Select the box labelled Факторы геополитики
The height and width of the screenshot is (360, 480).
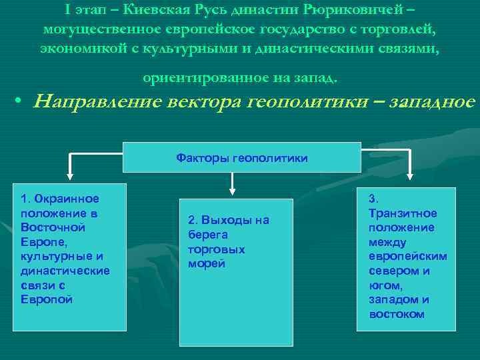[241, 157]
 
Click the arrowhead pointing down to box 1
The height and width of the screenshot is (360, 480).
[73, 177]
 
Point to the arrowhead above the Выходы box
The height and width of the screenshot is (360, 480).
[231, 190]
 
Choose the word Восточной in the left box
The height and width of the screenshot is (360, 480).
[53, 227]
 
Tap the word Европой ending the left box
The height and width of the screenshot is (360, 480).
[47, 299]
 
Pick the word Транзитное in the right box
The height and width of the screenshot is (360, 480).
[403, 213]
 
